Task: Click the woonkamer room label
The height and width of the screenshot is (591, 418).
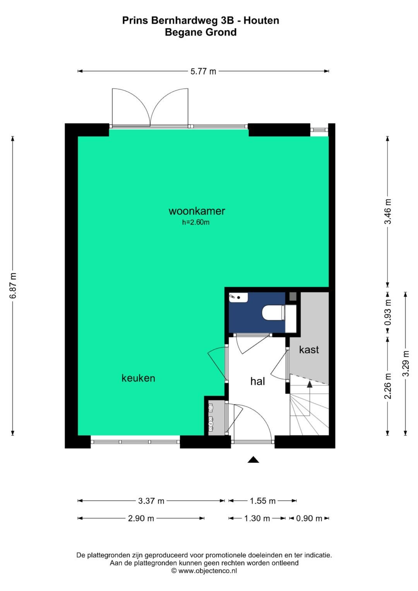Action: pyautogui.click(x=197, y=211)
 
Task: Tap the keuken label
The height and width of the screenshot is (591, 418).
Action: pyautogui.click(x=138, y=378)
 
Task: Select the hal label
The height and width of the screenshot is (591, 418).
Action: pyautogui.click(x=257, y=381)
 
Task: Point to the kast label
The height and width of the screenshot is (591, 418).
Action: pyautogui.click(x=309, y=349)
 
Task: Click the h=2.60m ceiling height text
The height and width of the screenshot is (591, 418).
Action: pyautogui.click(x=196, y=223)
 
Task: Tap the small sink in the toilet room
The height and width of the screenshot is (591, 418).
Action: pyautogui.click(x=238, y=297)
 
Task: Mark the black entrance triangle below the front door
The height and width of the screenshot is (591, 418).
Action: pyautogui.click(x=253, y=459)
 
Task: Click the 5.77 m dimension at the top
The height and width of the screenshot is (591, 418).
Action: pyautogui.click(x=203, y=71)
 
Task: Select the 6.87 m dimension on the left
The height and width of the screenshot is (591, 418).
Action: pyautogui.click(x=13, y=286)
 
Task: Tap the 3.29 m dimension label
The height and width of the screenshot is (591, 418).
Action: pyautogui.click(x=405, y=363)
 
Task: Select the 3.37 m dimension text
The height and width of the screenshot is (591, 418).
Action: pyautogui.click(x=151, y=501)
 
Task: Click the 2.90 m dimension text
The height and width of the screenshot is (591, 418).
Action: pyautogui.click(x=141, y=518)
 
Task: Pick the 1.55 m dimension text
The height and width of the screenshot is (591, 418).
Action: pyautogui.click(x=262, y=501)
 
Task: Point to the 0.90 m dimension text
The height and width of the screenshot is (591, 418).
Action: pyautogui.click(x=309, y=518)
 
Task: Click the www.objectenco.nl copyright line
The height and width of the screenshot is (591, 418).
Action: pyautogui.click(x=204, y=570)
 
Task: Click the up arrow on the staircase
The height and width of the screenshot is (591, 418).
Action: pyautogui.click(x=309, y=384)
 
